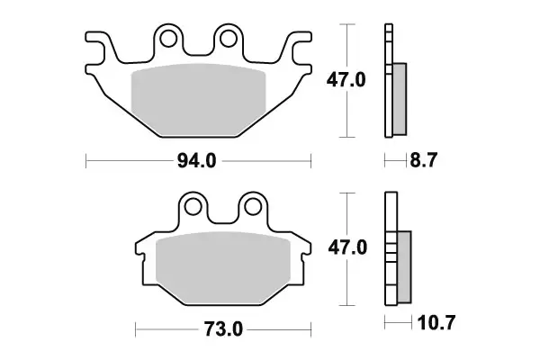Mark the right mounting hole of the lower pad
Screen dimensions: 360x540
(248, 207)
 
